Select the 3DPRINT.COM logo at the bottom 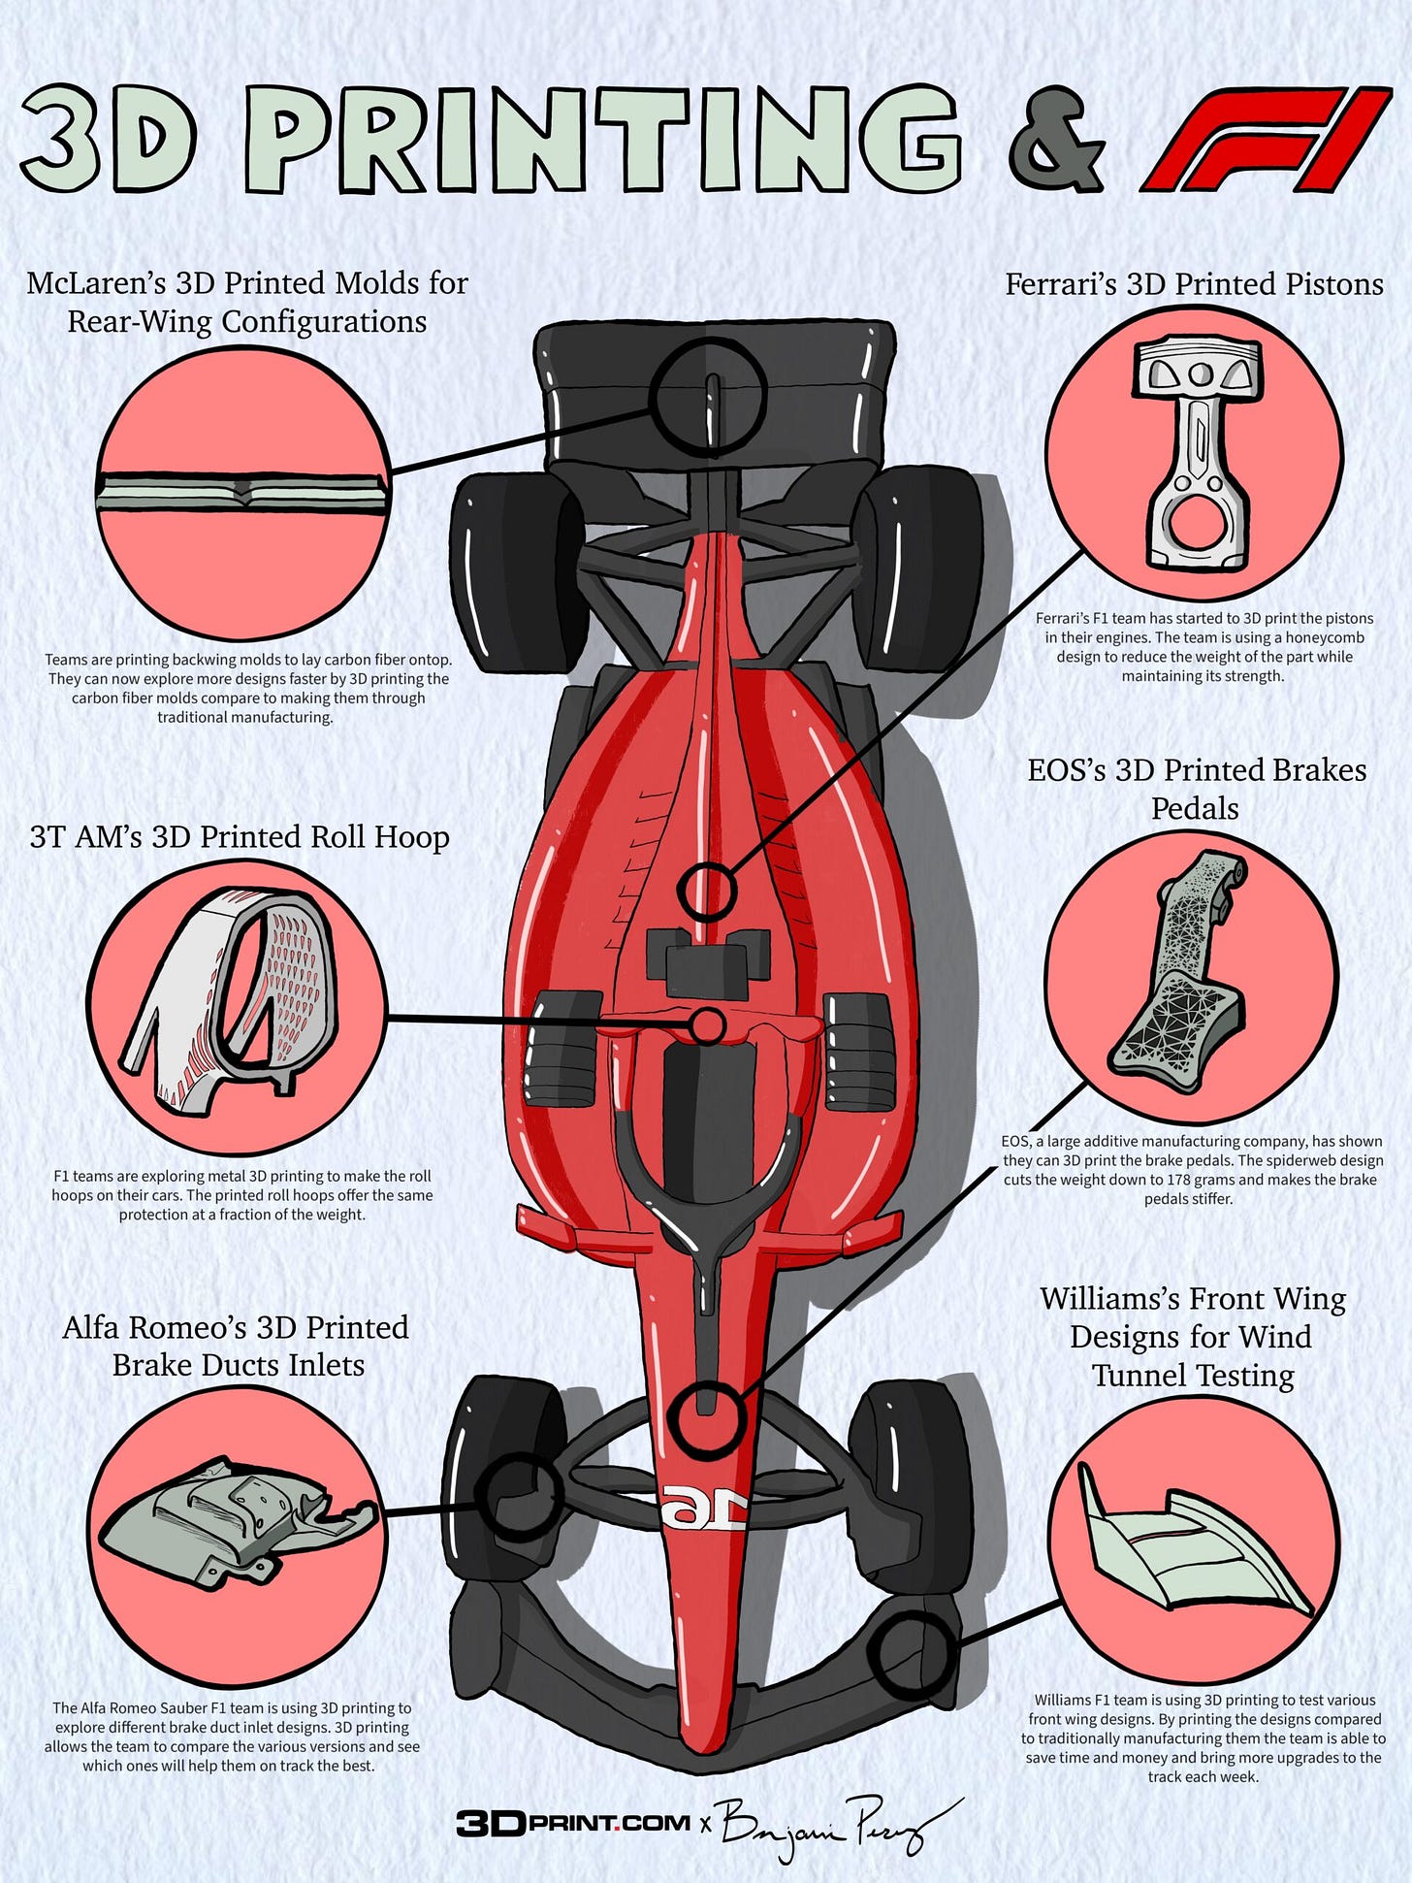(573, 1822)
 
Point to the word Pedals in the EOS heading (1194, 809)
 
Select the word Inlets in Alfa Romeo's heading (325, 1365)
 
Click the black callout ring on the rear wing (709, 395)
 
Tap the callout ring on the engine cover (707, 890)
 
